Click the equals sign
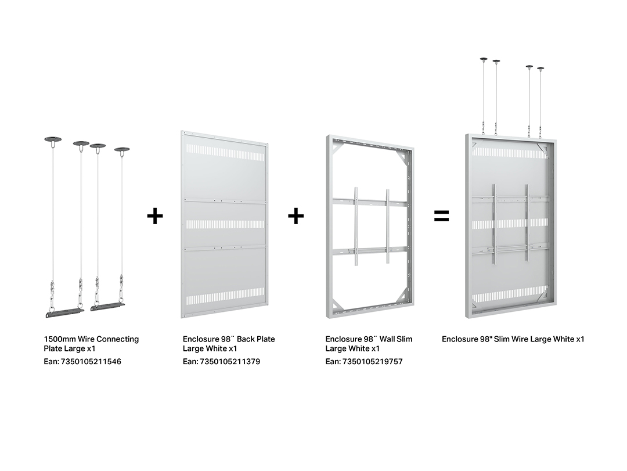pos(441,216)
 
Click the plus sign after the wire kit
pos(155,216)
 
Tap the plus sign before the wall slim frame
pos(296,216)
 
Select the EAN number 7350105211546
pos(91,361)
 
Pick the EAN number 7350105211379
pos(230,361)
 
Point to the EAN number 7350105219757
pos(372,361)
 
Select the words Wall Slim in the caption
pos(396,339)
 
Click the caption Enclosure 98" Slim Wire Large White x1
pos(513,339)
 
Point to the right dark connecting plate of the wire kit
pos(107,307)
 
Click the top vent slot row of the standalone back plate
pos(225,153)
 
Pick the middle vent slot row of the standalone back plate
pos(225,224)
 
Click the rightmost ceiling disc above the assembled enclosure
pos(540,69)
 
